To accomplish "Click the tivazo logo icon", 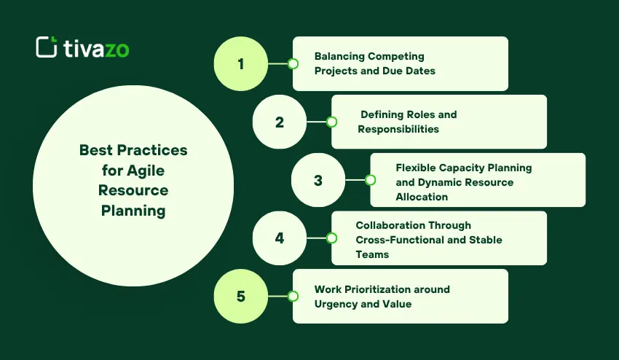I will pos(47,47).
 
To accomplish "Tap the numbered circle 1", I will pos(240,63).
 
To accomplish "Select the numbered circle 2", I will pos(279,122).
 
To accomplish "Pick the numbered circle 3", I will pos(318,180).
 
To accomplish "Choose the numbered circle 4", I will pos(279,238).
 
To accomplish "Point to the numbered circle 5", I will pos(240,297).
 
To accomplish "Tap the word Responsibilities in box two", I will pos(398,129).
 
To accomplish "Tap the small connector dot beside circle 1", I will pos(293,63).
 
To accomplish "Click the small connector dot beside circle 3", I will pos(370,180).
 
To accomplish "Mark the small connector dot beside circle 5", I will pos(293,297).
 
